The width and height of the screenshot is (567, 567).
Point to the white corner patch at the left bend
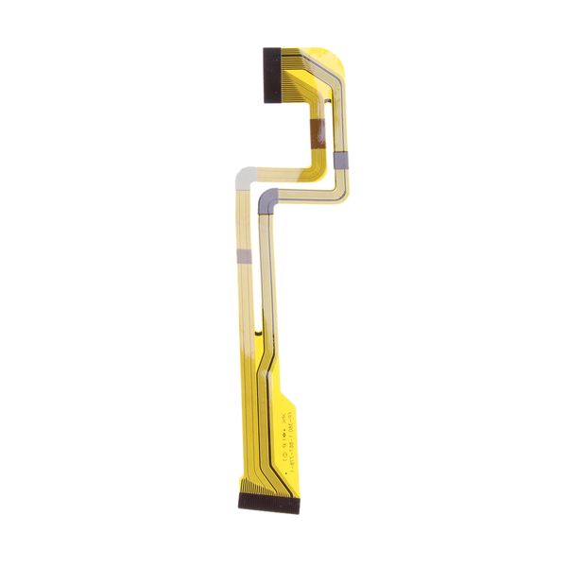pyautogui.click(x=244, y=175)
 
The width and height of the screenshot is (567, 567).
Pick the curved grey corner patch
pyautogui.click(x=267, y=198)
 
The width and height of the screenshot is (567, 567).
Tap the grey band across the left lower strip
pyautogui.click(x=242, y=255)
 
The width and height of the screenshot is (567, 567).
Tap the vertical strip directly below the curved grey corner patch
pyautogui.click(x=266, y=265)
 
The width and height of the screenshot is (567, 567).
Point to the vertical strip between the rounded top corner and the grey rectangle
pyautogui.click(x=340, y=109)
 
